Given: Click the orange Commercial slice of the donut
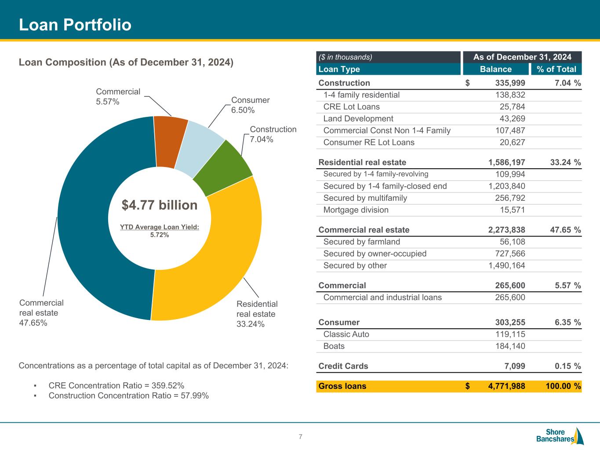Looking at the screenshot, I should point(170,142).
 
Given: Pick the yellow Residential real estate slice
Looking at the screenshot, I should point(215,259).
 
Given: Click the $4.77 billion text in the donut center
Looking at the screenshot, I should point(160,205).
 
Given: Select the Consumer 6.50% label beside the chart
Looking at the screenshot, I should point(250,105).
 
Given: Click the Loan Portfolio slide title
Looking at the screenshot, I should point(75,25).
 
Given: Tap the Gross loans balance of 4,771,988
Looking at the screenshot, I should point(506,386).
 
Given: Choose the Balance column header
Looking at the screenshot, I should point(495,69).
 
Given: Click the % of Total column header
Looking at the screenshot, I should point(556,69).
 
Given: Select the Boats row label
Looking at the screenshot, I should point(334,346).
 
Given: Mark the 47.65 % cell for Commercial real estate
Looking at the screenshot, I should point(565,230).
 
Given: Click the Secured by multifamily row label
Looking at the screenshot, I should point(365,198).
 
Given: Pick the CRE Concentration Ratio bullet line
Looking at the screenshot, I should point(116,385).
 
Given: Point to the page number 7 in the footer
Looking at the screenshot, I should point(300,436).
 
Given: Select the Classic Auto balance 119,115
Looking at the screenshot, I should point(510,334).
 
